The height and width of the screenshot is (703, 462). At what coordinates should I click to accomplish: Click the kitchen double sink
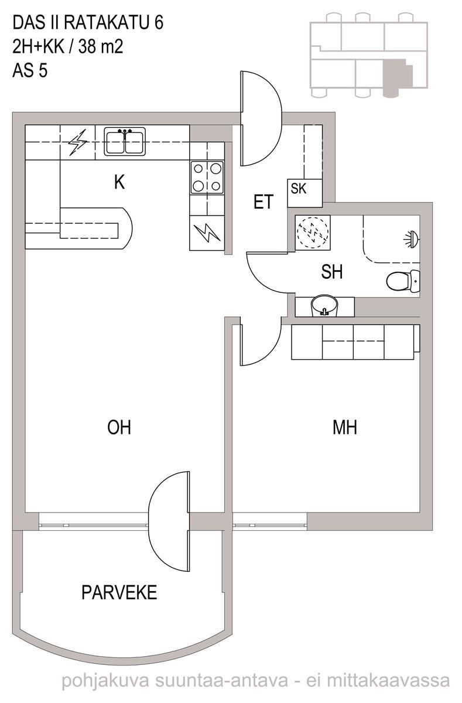(x=125, y=141)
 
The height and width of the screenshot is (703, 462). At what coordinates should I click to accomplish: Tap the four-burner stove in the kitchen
(x=207, y=178)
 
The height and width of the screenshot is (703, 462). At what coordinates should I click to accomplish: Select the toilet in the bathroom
(x=403, y=281)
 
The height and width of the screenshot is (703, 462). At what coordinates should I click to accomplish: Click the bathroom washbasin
(x=324, y=306)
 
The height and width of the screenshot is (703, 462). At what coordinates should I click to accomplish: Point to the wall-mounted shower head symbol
(x=412, y=240)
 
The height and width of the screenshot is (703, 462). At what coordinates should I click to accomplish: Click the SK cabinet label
(x=298, y=189)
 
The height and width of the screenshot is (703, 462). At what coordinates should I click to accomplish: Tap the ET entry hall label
(x=263, y=202)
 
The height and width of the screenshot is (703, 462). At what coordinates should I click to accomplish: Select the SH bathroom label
(x=332, y=272)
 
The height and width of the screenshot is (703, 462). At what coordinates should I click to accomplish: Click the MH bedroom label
(x=345, y=427)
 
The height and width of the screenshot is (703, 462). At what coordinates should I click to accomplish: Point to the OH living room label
(x=119, y=427)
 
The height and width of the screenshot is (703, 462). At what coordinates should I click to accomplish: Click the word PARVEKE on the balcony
(x=119, y=592)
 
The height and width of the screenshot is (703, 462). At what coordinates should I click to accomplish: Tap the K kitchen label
(x=119, y=182)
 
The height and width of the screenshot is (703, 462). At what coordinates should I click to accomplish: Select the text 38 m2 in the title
(x=101, y=47)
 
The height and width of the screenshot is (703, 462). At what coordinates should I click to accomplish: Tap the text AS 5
(x=30, y=71)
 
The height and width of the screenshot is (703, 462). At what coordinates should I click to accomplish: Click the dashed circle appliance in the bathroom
(x=313, y=233)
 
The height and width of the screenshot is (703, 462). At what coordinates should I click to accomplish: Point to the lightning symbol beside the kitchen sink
(x=78, y=142)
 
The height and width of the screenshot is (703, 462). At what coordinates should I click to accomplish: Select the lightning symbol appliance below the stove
(x=207, y=233)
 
